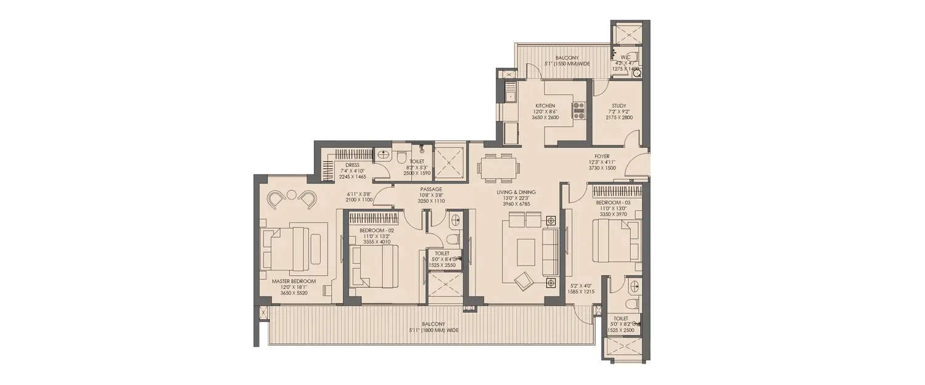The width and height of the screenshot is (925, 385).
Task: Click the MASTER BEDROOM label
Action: (294, 282)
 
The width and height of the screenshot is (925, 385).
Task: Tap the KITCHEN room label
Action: (545, 105)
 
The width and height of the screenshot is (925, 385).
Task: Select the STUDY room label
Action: (619, 105)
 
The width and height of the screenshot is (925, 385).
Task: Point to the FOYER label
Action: (602, 156)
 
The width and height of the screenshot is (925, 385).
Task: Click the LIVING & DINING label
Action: (517, 192)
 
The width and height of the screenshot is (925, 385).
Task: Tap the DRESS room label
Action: (352, 165)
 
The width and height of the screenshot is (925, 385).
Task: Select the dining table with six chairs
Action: (498, 167)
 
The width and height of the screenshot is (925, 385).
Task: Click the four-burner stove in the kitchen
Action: (579, 110)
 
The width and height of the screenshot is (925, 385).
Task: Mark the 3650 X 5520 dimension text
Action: (294, 293)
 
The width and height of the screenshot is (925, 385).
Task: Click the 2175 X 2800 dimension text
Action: (619, 117)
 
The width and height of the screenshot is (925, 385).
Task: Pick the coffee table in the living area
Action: (526, 251)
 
